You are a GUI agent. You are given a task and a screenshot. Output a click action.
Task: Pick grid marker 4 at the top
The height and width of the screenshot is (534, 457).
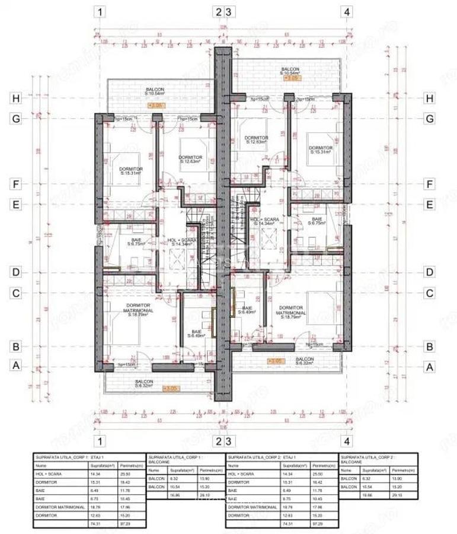coord(346,11)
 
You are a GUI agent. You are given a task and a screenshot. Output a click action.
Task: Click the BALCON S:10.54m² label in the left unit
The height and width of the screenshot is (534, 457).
coord(155,91)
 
